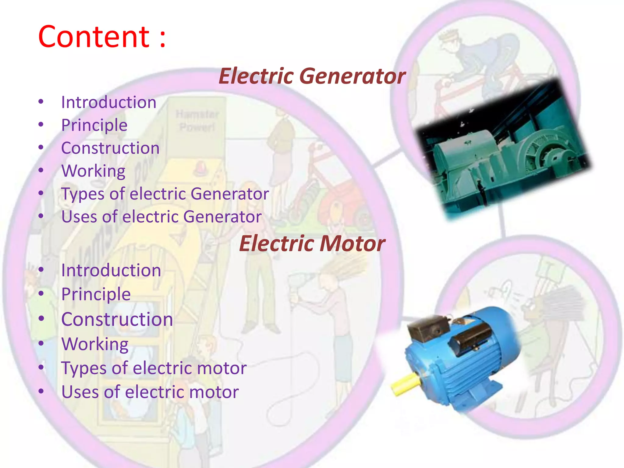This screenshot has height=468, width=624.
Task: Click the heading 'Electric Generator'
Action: click(x=312, y=76)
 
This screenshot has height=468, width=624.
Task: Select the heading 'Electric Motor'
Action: click(x=312, y=243)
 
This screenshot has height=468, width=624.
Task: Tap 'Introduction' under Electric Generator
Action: click(x=109, y=102)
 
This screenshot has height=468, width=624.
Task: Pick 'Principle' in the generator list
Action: click(x=94, y=125)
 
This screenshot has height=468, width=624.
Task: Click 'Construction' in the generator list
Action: click(x=110, y=148)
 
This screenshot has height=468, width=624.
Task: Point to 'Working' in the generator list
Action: click(x=93, y=171)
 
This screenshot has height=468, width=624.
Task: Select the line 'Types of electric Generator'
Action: click(x=165, y=194)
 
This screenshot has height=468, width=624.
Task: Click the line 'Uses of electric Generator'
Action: click(x=161, y=217)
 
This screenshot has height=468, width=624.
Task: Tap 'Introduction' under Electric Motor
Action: click(x=111, y=270)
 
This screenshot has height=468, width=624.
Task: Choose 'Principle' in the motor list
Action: click(x=96, y=294)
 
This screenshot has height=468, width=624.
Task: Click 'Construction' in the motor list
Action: click(x=117, y=319)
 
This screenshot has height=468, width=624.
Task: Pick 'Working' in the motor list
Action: click(x=95, y=344)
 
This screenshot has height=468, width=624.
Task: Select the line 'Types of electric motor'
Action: click(x=154, y=368)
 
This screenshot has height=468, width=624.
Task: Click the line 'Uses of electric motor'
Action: click(x=150, y=392)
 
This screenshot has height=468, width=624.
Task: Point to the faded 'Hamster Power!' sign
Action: click(x=197, y=121)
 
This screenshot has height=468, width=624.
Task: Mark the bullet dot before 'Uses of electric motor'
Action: click(x=41, y=391)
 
